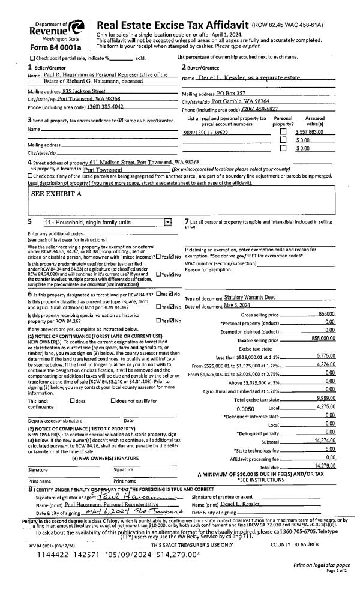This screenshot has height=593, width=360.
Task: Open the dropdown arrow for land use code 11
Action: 167,223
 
